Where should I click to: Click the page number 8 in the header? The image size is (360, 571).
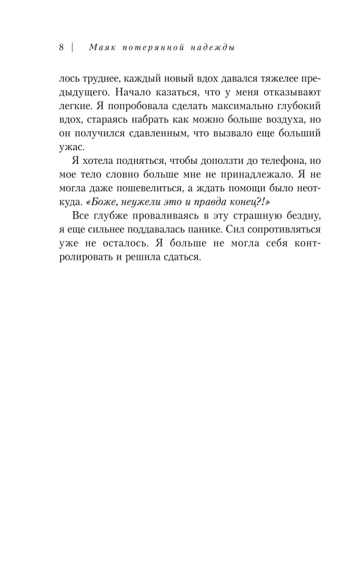[62, 48]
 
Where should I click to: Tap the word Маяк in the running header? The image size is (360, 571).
[100, 48]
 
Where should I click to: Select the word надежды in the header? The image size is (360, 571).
[215, 48]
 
